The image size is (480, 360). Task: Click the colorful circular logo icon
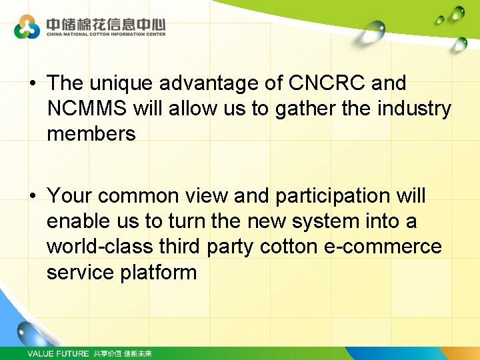click(x=27, y=27)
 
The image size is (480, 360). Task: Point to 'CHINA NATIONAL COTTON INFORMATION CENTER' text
click(x=105, y=34)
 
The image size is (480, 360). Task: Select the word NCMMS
click(x=87, y=109)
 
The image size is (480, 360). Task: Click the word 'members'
click(x=91, y=134)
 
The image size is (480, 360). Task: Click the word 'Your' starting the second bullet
click(x=71, y=196)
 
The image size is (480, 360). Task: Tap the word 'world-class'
click(x=100, y=247)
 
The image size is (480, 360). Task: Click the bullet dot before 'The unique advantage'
click(x=32, y=84)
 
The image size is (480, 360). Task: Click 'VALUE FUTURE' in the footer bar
click(x=57, y=353)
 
